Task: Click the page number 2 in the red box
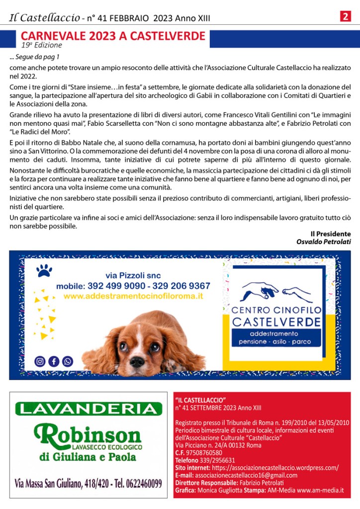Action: pos(345,16)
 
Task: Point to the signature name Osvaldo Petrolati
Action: pos(324,242)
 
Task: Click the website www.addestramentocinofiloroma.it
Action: pos(134,296)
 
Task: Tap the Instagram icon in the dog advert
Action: pos(40,361)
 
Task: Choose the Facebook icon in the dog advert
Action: pos(53,361)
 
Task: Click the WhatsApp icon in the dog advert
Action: pos(67,361)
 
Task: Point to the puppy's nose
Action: pos(137,360)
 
